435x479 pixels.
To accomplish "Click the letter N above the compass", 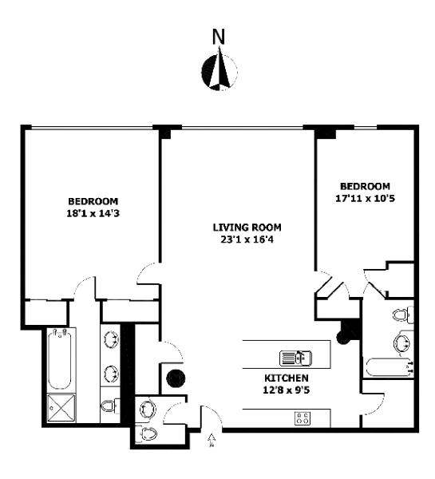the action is point(219,37).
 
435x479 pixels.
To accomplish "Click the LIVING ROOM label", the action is point(247,228).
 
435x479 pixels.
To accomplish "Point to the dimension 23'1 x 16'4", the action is point(247,239).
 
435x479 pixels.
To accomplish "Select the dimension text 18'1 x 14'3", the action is point(93,213).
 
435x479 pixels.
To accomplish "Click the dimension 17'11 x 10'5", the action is point(365,199).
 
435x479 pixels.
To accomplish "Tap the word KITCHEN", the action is point(287,378).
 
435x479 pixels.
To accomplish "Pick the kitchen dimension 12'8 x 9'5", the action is point(287,390).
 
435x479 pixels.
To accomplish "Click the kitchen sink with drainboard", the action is point(295,358).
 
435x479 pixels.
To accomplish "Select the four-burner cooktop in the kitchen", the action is point(303,418).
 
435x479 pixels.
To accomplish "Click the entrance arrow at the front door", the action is point(211,440).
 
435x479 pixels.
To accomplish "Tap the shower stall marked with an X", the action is point(61,408).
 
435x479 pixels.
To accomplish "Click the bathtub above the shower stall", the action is point(60,359).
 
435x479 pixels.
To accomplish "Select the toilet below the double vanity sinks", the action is point(109,406).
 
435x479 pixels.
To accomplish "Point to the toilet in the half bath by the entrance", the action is point(147,433).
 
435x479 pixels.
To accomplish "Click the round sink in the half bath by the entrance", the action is point(148,409).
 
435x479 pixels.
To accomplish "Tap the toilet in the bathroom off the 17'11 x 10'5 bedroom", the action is point(402,315).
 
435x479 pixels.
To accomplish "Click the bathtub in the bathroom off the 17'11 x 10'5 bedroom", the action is point(390,367).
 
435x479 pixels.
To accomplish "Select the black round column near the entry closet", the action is point(176,378).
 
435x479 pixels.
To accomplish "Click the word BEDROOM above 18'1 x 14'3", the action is point(93,202).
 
